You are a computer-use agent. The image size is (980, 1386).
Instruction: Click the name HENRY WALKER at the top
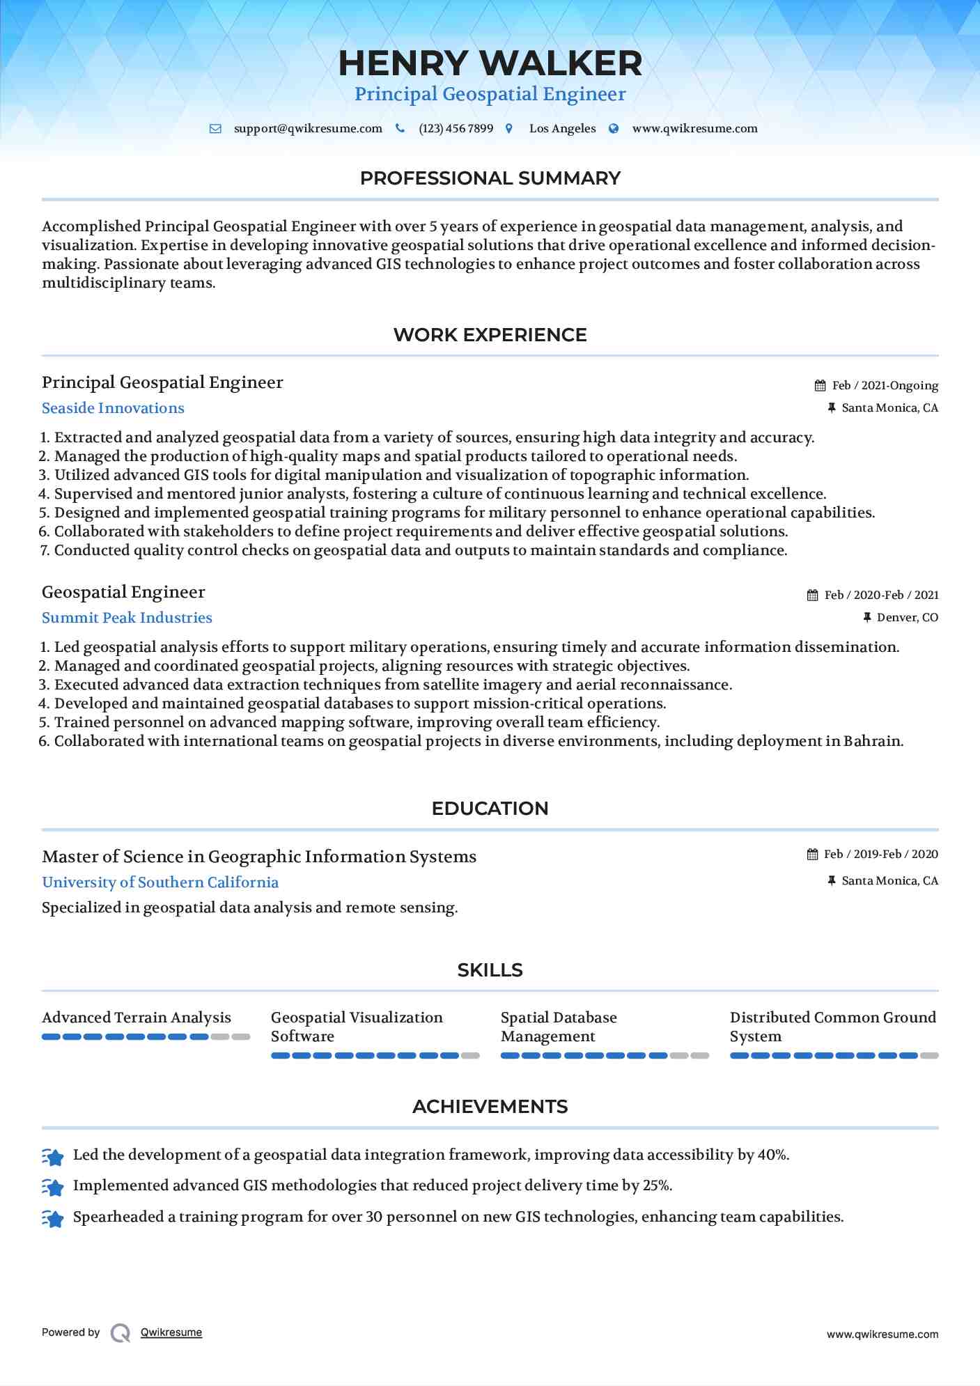coord(490,63)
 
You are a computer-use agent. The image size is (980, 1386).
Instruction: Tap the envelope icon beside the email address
coord(215,129)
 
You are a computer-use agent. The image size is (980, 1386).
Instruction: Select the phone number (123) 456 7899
coord(456,129)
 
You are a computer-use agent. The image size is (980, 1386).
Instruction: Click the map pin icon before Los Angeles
coord(509,129)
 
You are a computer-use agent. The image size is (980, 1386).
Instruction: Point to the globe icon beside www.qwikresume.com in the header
coord(614,129)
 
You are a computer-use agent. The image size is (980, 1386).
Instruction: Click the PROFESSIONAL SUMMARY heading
coord(490,178)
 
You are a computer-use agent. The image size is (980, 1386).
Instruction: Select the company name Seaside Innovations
coord(113,408)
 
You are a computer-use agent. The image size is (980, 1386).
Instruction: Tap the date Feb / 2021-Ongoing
coord(885,386)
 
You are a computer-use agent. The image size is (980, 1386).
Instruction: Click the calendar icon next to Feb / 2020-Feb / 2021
coord(812,595)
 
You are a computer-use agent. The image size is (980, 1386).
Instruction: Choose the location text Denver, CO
coord(907,618)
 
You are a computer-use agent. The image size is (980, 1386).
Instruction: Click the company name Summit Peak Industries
coord(127,618)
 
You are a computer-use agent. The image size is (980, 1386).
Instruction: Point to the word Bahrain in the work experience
coord(872,741)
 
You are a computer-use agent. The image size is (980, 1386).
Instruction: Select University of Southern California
coord(160,882)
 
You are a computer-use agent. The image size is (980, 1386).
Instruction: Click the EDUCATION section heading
coord(490,809)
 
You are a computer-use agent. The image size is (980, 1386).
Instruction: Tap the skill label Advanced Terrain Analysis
coord(136,1018)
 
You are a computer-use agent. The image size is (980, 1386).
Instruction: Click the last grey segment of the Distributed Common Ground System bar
coord(929,1056)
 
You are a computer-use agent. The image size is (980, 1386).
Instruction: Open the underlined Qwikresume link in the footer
coord(171,1332)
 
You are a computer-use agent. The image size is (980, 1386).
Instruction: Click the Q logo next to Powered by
coord(120,1333)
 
